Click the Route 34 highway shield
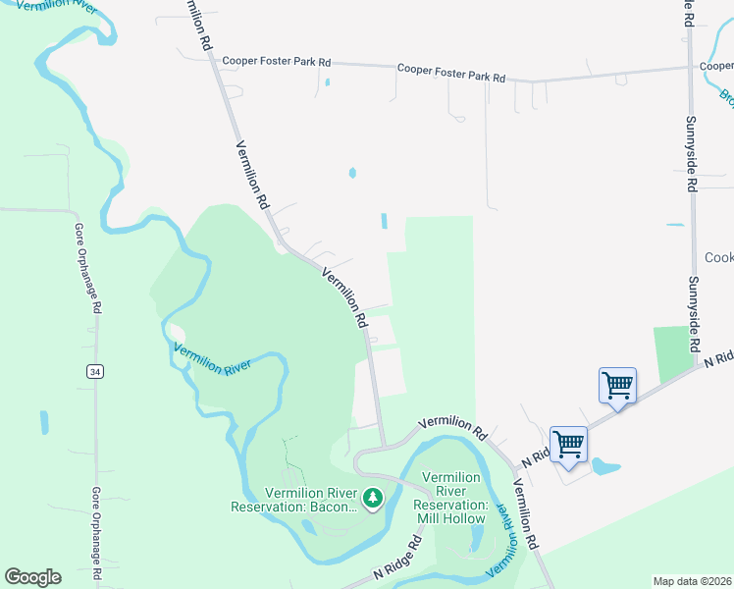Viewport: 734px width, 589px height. tap(94, 371)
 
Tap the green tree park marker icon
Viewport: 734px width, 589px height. tap(372, 499)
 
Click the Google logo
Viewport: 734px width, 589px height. tap(32, 577)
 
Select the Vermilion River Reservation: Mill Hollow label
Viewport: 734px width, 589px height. tap(452, 498)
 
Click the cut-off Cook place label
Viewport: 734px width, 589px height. tap(718, 257)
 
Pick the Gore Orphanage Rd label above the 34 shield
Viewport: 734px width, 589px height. tap(85, 266)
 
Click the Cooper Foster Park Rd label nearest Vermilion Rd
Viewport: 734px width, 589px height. tap(276, 62)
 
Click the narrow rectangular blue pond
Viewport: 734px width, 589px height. tap(384, 222)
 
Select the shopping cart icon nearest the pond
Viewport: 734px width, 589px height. tap(569, 444)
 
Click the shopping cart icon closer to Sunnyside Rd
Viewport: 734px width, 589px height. tap(618, 384)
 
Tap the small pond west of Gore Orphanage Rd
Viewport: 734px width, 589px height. tap(44, 422)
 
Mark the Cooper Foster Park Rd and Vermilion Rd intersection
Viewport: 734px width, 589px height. tap(215, 60)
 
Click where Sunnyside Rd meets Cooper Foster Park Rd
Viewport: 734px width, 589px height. tap(690, 69)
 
